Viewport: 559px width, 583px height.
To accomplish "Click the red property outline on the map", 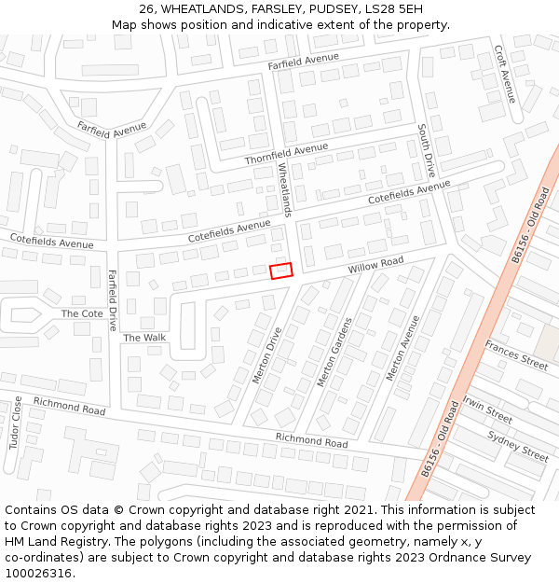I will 281,271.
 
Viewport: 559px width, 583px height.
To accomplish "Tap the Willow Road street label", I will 375,266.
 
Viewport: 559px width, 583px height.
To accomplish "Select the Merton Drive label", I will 266,354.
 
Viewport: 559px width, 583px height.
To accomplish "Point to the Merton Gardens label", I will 334,352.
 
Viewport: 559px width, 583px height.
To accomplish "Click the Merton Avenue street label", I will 402,347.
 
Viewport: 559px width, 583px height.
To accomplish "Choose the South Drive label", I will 426,150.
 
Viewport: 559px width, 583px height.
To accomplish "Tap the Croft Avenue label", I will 505,74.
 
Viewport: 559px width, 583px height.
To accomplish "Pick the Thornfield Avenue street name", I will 286,154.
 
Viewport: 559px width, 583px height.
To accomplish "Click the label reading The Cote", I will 82,313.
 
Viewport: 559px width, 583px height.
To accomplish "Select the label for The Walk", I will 144,338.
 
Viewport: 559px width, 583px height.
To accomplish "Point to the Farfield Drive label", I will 113,299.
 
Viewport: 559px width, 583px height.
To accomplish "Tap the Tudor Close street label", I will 16,422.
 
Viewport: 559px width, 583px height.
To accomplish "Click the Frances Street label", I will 516,355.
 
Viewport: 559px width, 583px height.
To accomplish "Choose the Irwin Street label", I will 487,409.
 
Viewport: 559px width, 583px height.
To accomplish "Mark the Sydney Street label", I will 518,445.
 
